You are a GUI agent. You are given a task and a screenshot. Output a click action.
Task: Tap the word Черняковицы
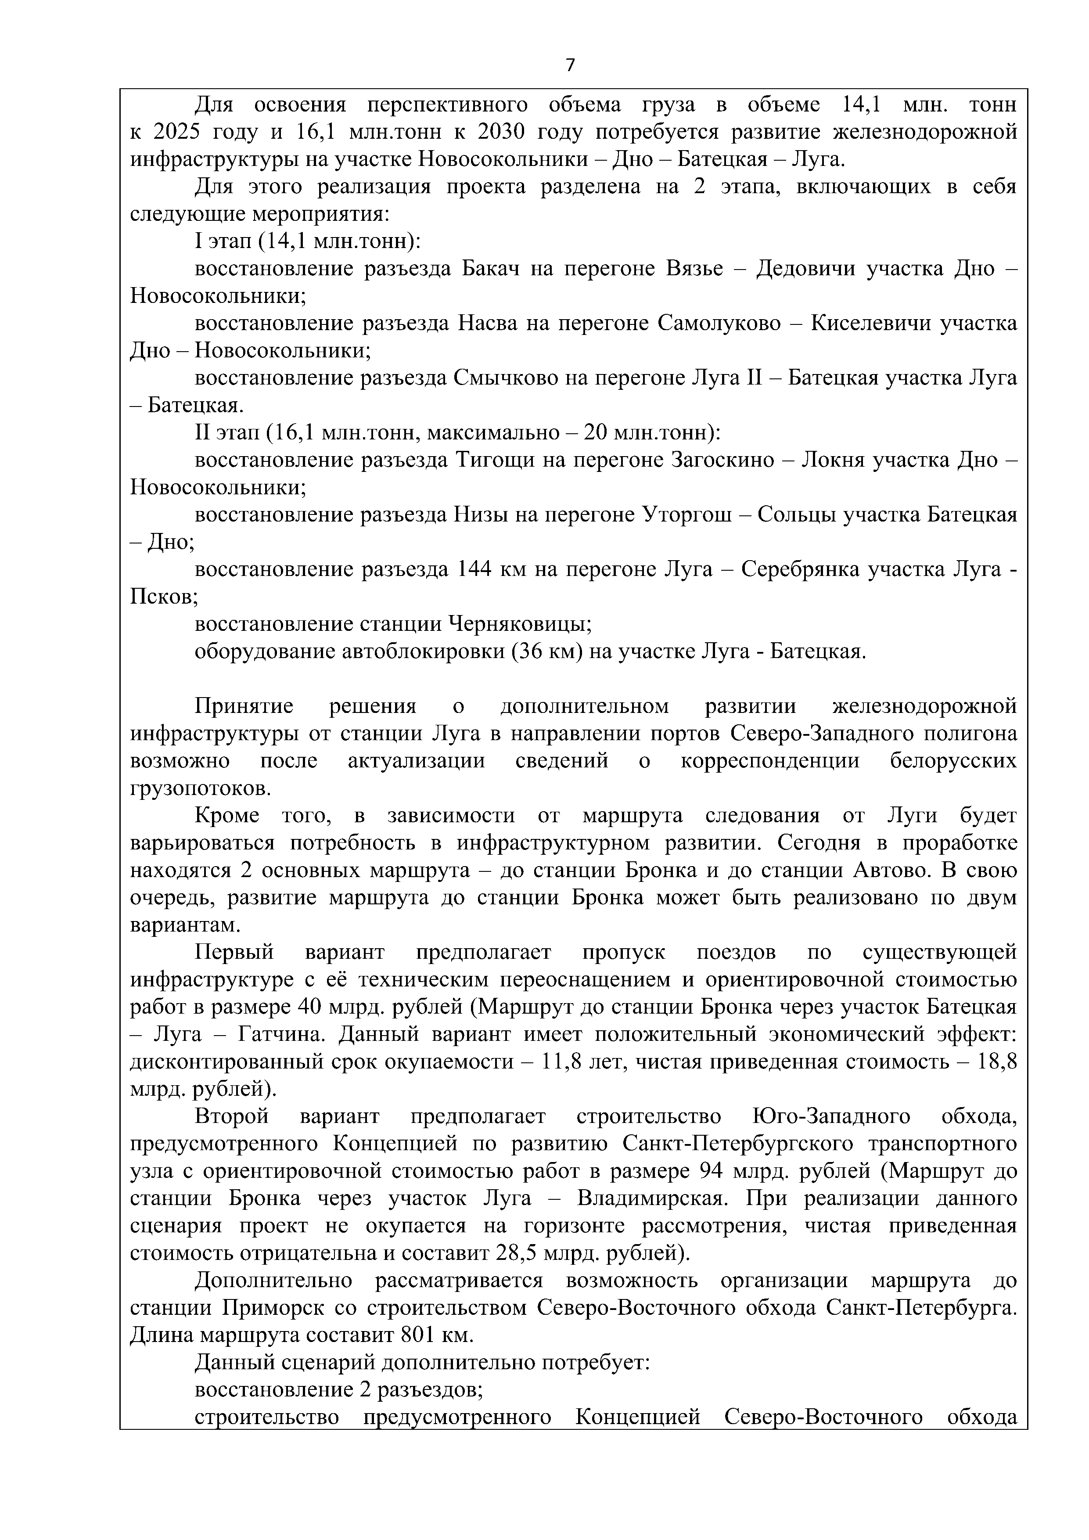(x=519, y=624)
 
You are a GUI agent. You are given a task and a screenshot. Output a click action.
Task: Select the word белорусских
(x=953, y=761)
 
